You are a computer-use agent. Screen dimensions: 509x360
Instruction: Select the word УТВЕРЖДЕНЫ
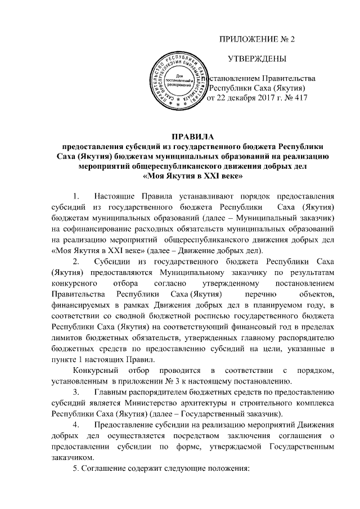[256, 59]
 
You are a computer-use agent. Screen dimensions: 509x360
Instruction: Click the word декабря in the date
[242, 98]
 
